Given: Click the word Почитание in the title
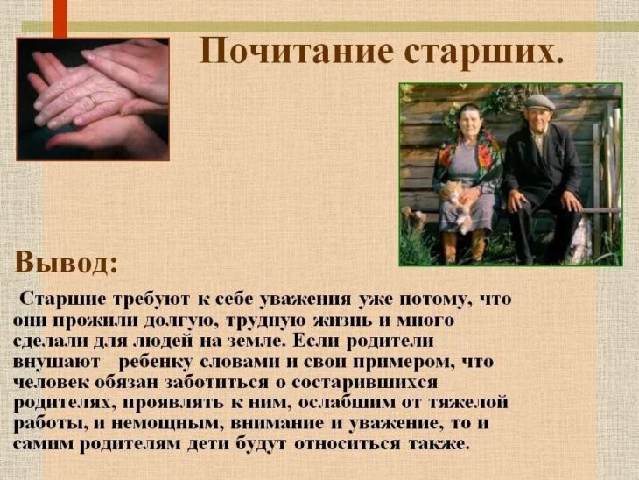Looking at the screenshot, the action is click(x=298, y=51).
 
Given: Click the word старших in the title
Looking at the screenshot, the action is click(x=480, y=52).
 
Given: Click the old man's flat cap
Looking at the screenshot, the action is click(x=538, y=102).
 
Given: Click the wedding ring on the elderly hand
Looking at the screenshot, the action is click(x=94, y=100).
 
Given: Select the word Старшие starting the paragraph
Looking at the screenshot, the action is click(x=64, y=299).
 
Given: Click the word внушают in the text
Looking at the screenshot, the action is click(x=57, y=362).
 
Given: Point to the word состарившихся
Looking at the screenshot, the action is click(x=365, y=384).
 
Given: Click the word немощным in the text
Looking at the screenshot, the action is click(x=166, y=423).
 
